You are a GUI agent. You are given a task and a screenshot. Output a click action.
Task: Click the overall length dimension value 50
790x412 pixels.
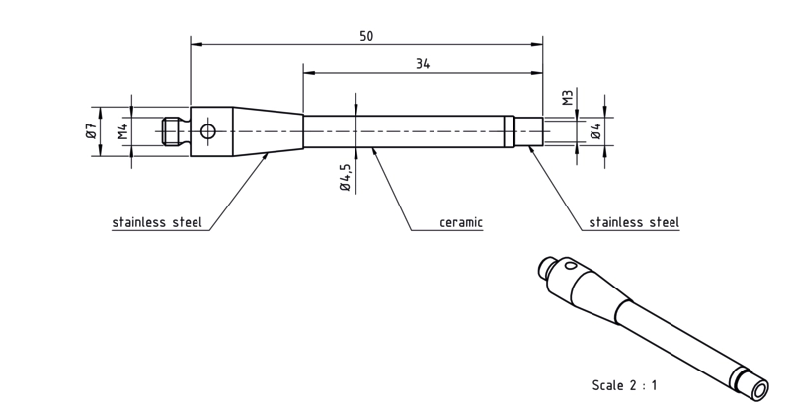pyautogui.click(x=366, y=36)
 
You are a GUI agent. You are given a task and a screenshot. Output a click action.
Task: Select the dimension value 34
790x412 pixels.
pyautogui.click(x=423, y=64)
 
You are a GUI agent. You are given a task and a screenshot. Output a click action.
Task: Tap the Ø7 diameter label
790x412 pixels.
pyautogui.click(x=91, y=131)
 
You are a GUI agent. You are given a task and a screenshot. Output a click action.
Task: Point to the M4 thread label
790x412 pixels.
pyautogui.click(x=123, y=131)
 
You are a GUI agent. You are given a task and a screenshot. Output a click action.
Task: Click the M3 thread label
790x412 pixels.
pyautogui.click(x=568, y=98)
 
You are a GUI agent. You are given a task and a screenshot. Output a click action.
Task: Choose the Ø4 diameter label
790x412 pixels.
pyautogui.click(x=596, y=131)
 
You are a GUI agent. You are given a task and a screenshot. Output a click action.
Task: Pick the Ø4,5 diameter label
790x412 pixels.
pyautogui.click(x=345, y=177)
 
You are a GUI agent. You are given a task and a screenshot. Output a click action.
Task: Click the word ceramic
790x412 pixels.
pyautogui.click(x=461, y=222)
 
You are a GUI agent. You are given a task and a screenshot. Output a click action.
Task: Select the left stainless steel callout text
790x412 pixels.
pyautogui.click(x=157, y=222)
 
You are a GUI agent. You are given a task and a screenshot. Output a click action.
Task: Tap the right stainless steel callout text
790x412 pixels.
pyautogui.click(x=634, y=222)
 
